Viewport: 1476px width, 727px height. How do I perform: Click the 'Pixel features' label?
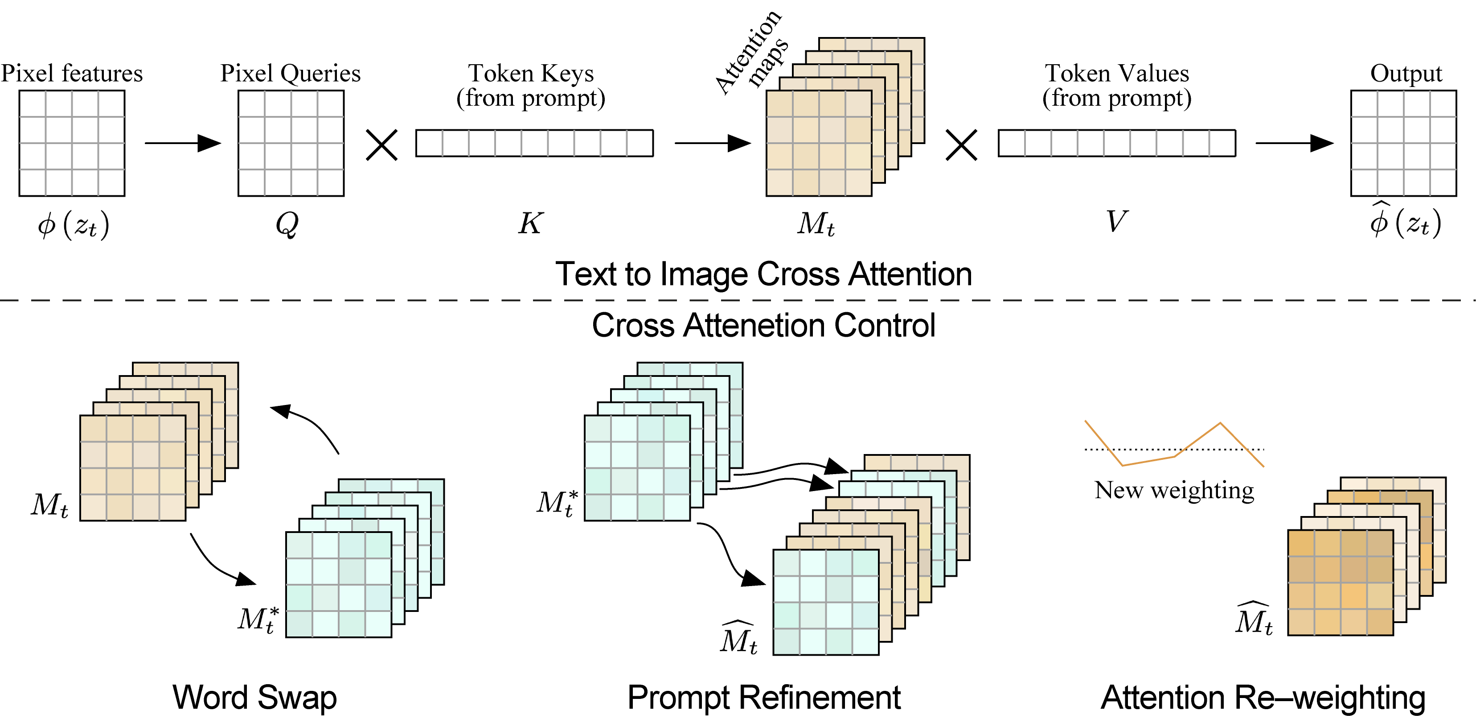pos(72,74)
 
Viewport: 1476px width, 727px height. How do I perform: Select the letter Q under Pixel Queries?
pos(287,223)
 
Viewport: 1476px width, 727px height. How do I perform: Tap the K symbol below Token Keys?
pos(531,223)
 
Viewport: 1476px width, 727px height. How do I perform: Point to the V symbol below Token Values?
pos(1116,221)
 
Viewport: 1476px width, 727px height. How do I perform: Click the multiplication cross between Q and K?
pos(381,145)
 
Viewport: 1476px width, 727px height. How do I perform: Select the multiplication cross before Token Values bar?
pos(961,145)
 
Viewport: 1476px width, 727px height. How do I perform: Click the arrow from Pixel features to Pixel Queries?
pos(182,143)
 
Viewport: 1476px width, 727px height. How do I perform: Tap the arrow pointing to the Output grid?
pos(1294,143)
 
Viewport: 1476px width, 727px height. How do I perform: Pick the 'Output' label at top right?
pos(1406,74)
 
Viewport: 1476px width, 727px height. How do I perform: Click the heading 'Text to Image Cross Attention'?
pos(763,274)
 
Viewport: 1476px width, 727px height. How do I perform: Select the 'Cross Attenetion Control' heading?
pos(763,326)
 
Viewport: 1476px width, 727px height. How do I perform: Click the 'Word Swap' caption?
pos(254,697)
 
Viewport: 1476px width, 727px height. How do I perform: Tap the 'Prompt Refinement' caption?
pos(763,697)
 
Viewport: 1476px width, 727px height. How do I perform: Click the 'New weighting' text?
pos(1173,490)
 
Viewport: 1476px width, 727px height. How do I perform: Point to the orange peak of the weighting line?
pos(1220,424)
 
